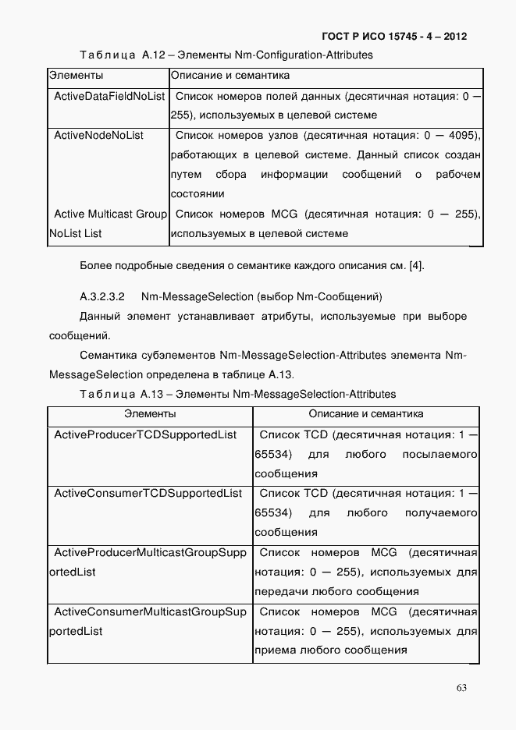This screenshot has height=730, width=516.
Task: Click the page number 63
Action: pos(461,687)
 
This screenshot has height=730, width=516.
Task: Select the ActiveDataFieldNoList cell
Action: pos(109,96)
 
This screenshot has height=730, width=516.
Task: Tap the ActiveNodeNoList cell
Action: pos(99,135)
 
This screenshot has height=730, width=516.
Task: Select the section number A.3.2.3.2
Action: pos(105,297)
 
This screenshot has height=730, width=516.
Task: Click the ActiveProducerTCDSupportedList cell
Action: pos(145,434)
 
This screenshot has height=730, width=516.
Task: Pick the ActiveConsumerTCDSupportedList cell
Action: pos(148,494)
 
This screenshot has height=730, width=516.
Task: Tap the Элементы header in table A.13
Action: pos(150,414)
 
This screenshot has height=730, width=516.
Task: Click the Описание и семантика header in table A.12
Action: pos(230,76)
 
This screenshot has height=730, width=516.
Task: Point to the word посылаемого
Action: pos(439,454)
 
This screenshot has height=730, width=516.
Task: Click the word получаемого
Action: pos(440,513)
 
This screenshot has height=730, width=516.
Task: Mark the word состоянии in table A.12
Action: pos(198,193)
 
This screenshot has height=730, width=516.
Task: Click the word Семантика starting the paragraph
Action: pos(104,355)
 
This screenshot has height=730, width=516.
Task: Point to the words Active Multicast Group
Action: pos(110,214)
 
